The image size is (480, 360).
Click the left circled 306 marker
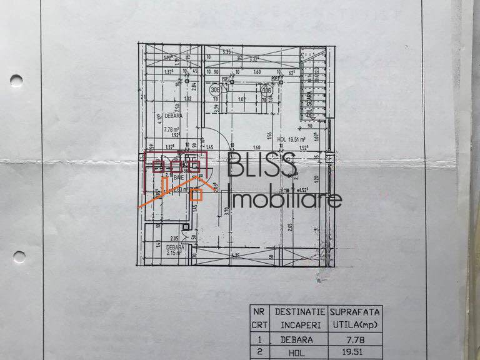(214, 91)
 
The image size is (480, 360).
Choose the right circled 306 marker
(267, 91)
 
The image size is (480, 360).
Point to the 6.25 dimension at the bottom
(235, 255)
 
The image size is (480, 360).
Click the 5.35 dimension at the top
(227, 51)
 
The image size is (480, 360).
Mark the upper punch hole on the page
(16, 81)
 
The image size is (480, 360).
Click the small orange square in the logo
(196, 194)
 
